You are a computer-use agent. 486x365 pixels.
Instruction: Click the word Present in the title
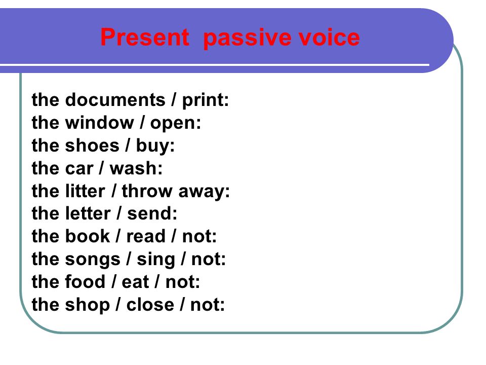pos(145,37)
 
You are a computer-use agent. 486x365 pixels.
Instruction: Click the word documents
pos(115,100)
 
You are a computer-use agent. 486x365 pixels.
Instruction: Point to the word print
pos(205,100)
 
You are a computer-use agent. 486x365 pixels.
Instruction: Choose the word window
pos(100,123)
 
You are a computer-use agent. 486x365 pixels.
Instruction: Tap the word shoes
pos(92,145)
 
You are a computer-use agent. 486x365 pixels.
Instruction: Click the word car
pos(79,169)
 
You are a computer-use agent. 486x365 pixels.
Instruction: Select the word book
pos(88,236)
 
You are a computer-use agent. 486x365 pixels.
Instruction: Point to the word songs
pos(93,260)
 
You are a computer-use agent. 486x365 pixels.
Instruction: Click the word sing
pos(156,260)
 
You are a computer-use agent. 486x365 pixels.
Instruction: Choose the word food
pos(85,281)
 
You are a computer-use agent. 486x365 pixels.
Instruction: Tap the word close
pos(150,304)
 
